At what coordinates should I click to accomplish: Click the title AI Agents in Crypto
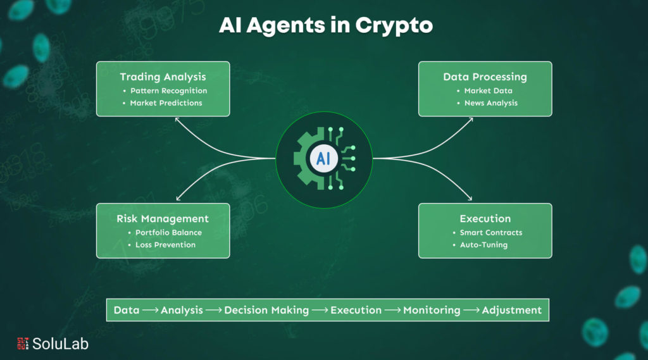tap(325, 26)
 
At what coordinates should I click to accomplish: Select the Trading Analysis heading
tap(163, 77)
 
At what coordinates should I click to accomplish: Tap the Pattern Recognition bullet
tap(168, 90)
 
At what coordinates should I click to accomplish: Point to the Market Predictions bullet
tap(166, 102)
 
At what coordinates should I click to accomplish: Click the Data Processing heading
tap(485, 77)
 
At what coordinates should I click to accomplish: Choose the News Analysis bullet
tap(490, 102)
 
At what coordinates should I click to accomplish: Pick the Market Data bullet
tap(488, 90)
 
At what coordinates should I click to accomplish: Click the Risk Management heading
tap(163, 218)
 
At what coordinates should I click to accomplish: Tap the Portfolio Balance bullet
tap(168, 232)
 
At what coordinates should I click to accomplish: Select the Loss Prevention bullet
tap(165, 244)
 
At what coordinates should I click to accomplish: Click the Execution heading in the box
tap(485, 218)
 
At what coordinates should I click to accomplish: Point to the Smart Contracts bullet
tap(491, 232)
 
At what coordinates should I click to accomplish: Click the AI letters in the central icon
tap(323, 158)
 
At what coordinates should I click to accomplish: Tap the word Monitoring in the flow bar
tap(432, 310)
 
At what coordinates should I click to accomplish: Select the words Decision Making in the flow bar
tap(266, 310)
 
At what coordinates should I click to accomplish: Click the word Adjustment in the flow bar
tap(511, 310)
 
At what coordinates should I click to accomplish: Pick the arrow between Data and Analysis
tap(151, 310)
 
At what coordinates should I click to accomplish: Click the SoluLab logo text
tap(60, 344)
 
